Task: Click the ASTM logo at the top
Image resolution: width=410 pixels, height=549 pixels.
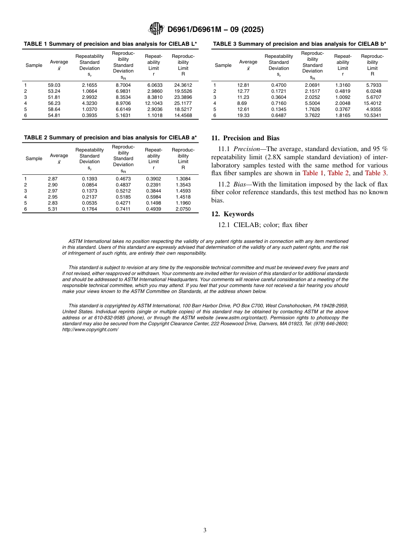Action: point(156,29)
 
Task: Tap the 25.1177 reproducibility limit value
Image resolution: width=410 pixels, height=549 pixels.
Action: point(183,104)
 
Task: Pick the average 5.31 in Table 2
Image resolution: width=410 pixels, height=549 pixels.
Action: point(53,209)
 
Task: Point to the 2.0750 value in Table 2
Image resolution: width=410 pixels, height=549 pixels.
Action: point(183,209)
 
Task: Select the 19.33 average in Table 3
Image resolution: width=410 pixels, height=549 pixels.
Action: point(243,116)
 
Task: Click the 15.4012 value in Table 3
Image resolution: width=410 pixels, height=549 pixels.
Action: point(372,104)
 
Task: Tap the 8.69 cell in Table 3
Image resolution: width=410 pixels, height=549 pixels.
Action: point(242,104)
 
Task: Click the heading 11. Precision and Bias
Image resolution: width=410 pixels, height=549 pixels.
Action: point(245,139)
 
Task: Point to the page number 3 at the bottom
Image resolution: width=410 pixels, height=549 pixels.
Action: point(205,530)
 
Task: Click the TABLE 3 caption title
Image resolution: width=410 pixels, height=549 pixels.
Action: point(300,44)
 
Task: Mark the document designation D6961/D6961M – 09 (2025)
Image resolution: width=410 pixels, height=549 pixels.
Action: point(215,29)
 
